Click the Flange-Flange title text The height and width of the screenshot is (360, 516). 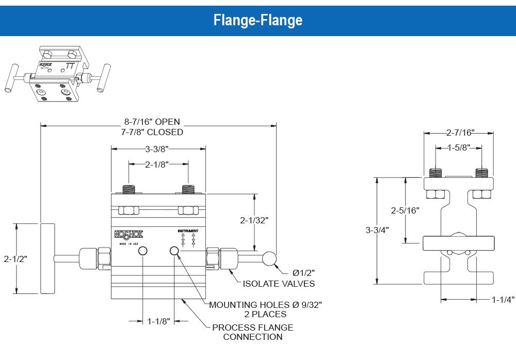click(x=257, y=20)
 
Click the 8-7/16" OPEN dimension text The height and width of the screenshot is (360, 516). click(x=152, y=122)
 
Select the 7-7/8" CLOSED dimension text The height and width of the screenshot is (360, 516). click(x=152, y=132)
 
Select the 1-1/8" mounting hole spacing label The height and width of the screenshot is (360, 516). click(x=158, y=321)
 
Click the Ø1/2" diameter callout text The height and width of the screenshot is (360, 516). click(x=303, y=272)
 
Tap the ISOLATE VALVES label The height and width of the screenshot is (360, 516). click(x=279, y=283)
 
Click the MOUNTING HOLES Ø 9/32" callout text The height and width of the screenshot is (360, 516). click(x=265, y=305)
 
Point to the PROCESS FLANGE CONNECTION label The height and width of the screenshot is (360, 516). click(x=252, y=332)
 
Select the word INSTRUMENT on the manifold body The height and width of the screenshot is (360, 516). click(x=188, y=231)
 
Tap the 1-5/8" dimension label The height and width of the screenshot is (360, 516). click(x=459, y=148)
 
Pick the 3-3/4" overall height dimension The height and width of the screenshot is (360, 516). click(x=377, y=230)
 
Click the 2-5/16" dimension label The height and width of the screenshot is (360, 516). click(x=406, y=210)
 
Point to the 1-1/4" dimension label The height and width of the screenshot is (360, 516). click(x=503, y=299)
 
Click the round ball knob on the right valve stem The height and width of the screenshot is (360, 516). click(x=269, y=259)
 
